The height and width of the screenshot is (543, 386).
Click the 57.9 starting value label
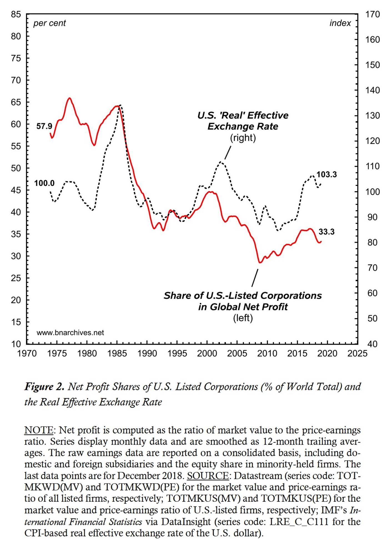[x=44, y=126]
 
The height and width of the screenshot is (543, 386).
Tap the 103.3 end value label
[x=327, y=175]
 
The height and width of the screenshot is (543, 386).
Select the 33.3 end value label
[x=326, y=232]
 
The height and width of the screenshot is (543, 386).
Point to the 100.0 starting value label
[x=44, y=183]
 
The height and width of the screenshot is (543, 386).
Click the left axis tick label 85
[x=16, y=14]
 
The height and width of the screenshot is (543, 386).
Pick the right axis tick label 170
[x=372, y=14]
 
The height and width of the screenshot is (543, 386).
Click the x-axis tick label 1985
[x=117, y=354]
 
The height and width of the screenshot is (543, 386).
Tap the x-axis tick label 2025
[x=357, y=354]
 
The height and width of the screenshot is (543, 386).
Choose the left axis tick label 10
[x=16, y=344]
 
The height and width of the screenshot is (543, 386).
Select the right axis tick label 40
[x=372, y=344]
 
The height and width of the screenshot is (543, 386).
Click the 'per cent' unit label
[x=49, y=23]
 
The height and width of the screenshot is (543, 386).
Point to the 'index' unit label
[x=340, y=23]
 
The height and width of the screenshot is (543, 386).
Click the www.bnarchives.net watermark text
[x=70, y=333]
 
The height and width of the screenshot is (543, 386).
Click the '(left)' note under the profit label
[x=243, y=318]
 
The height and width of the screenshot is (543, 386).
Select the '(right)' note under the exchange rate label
[x=243, y=138]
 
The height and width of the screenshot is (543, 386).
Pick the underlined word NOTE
[x=39, y=430]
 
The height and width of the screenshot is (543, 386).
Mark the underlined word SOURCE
[x=208, y=476]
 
